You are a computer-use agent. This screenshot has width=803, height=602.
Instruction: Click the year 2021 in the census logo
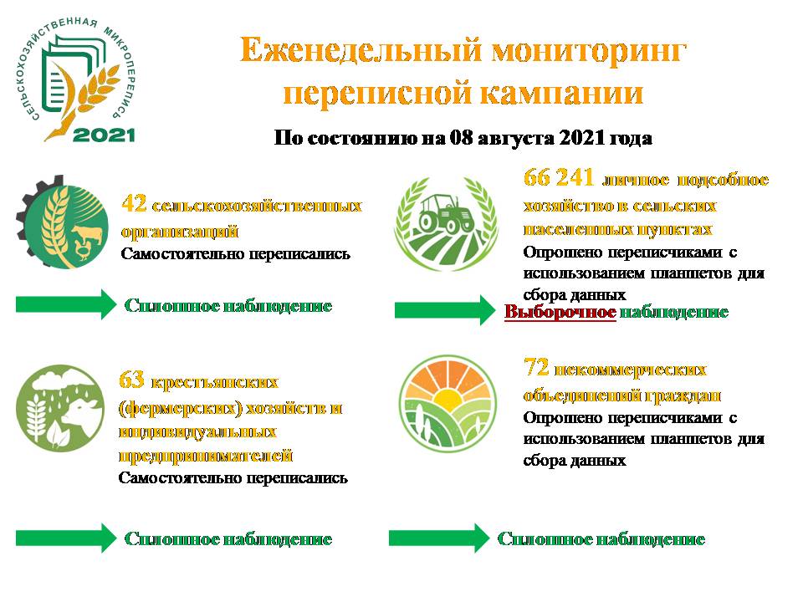click(x=104, y=135)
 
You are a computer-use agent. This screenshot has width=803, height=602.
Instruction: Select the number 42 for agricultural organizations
click(x=134, y=204)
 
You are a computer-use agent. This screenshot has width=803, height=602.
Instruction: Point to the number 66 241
click(x=559, y=177)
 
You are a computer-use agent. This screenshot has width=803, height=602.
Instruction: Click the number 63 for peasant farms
click(x=131, y=380)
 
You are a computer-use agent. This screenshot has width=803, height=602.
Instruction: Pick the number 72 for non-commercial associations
click(x=536, y=368)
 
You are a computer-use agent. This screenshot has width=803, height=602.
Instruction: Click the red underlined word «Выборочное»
click(x=560, y=312)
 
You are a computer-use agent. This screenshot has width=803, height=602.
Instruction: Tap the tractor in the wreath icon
click(x=447, y=214)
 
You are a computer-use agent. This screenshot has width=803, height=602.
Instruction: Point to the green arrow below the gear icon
click(x=66, y=304)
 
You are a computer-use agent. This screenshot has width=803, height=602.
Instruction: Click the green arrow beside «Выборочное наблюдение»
click(x=445, y=310)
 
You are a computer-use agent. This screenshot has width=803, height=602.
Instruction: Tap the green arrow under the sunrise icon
click(x=439, y=538)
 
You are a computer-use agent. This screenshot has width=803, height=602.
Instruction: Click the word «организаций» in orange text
click(x=180, y=232)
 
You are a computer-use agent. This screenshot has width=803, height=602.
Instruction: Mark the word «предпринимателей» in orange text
click(x=206, y=456)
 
